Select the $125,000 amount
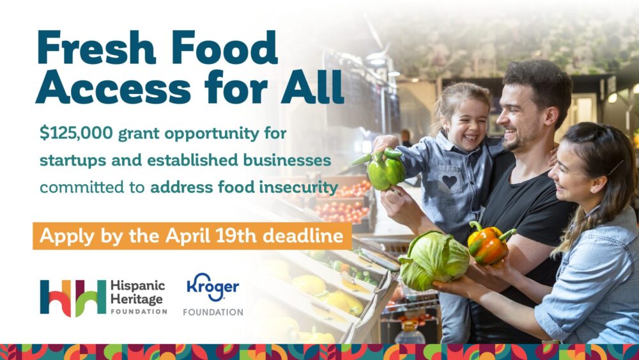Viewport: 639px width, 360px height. point(76,133)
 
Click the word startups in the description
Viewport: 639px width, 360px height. point(72,160)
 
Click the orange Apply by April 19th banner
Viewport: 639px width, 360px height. point(192,236)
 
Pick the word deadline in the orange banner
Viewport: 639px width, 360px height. point(303,236)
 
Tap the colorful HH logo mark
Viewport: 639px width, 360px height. point(73,297)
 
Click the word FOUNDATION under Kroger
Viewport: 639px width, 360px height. point(213,312)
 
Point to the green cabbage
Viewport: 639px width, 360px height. point(434,260)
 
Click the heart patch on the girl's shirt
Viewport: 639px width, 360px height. point(449,181)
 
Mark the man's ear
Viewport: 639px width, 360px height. point(550,117)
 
